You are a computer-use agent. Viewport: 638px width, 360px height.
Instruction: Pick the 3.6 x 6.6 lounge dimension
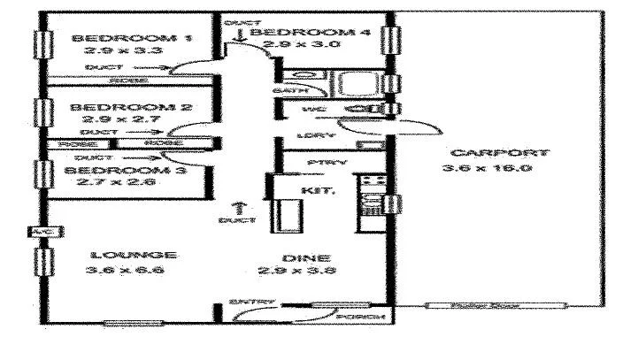tap(124, 271)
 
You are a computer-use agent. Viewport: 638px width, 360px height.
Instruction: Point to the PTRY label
tap(319, 164)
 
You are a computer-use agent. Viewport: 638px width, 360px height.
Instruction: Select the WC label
tap(310, 110)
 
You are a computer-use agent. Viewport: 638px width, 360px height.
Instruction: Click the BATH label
tap(292, 90)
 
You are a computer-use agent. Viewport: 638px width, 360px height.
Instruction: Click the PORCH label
tap(365, 316)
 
